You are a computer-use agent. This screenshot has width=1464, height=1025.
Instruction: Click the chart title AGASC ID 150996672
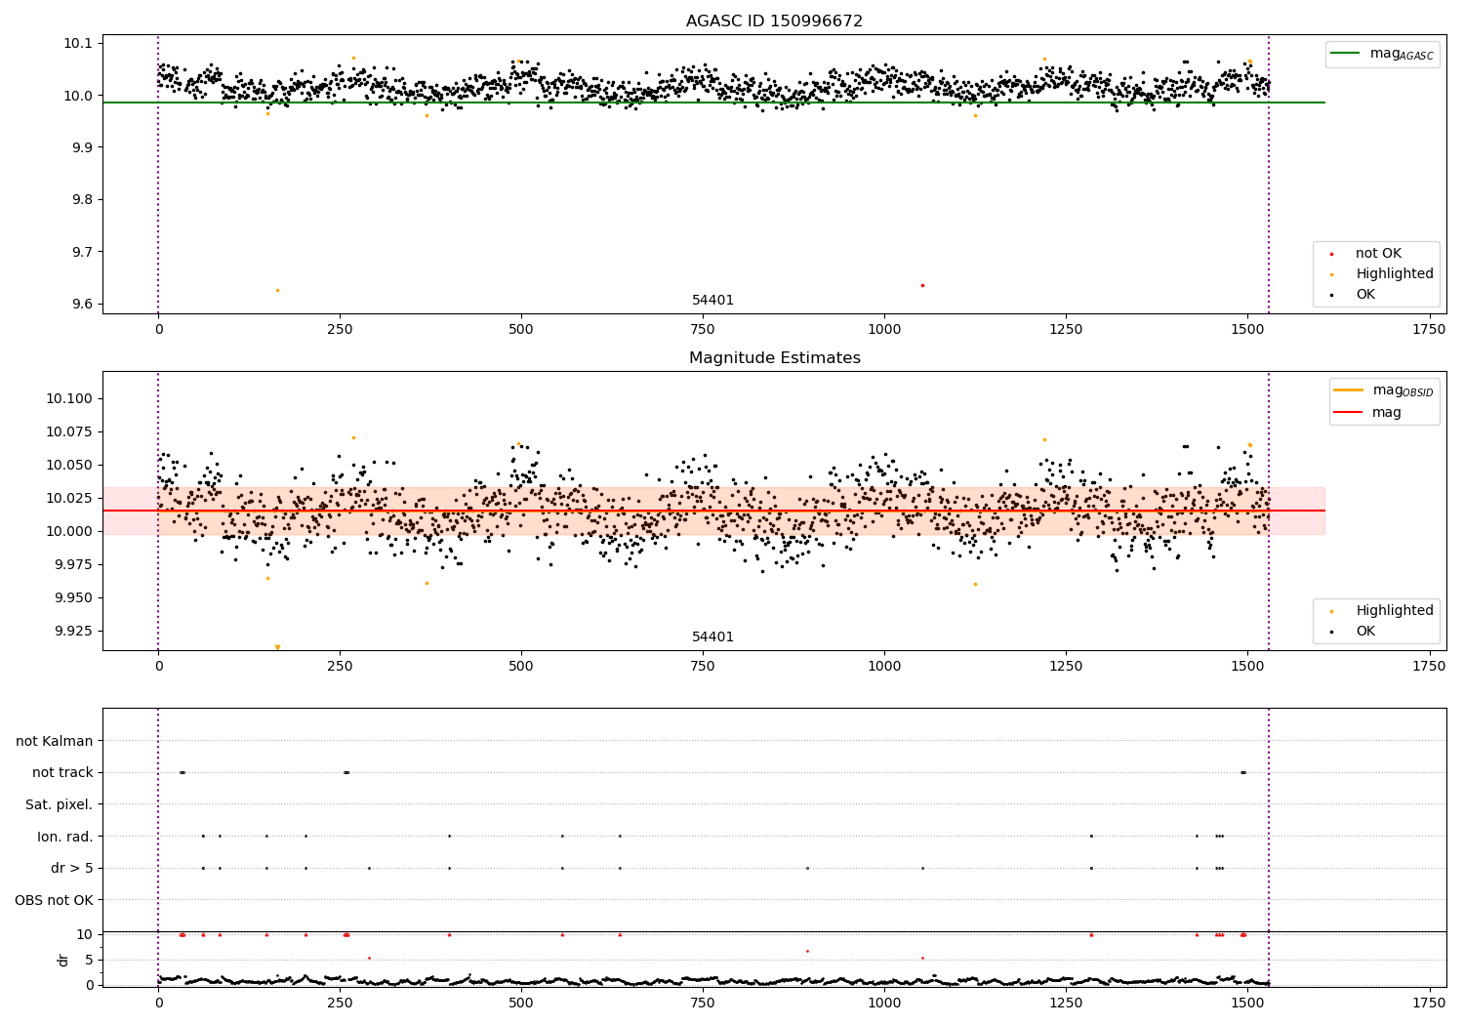[x=774, y=21]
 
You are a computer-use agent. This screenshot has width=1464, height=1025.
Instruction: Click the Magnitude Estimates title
[x=774, y=358]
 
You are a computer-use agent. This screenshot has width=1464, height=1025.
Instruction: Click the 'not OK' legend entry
[x=1377, y=254]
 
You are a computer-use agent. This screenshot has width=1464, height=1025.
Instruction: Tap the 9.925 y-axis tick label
[x=69, y=631]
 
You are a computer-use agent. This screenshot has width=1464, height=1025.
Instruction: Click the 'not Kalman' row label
[x=55, y=741]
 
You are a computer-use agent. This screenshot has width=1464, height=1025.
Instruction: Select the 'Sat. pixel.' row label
[x=59, y=804]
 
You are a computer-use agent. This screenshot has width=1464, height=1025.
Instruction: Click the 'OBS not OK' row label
[x=54, y=900]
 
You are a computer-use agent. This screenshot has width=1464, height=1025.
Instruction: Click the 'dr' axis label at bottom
[x=63, y=960]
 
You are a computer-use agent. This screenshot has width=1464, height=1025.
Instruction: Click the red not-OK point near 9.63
[x=922, y=285]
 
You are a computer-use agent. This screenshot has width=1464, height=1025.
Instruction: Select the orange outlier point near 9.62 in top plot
[x=277, y=290]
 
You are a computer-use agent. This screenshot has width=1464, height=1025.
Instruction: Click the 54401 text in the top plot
[x=712, y=301]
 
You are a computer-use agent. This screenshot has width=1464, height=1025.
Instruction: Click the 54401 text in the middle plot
[x=712, y=637]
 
